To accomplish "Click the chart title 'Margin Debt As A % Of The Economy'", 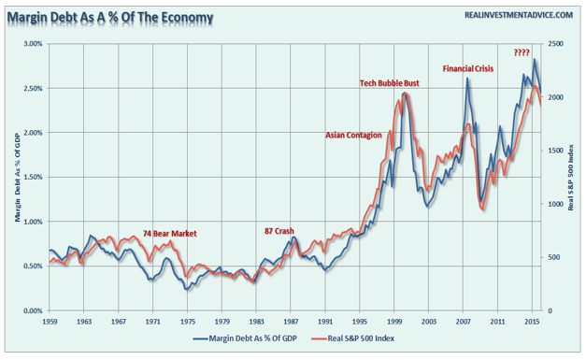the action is tap(110, 18).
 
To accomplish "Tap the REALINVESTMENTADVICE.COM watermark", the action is tap(519, 15).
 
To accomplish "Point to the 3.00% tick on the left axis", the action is tap(34, 44).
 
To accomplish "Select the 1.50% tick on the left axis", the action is tap(34, 178).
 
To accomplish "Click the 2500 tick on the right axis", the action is tap(555, 44).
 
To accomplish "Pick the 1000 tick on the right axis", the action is tap(555, 204).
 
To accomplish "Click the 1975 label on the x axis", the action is tap(188, 322).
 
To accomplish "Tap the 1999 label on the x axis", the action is tap(394, 322).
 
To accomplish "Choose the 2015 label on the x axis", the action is tap(532, 322).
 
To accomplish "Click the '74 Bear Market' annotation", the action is tap(170, 234).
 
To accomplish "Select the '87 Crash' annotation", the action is tap(279, 231).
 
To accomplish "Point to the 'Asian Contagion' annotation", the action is tap(353, 136).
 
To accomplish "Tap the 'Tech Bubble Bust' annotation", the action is tap(390, 83).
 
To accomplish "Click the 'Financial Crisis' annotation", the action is tap(468, 69).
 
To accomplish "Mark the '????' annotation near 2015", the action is tap(522, 52).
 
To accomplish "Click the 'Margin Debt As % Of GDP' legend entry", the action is tap(245, 338).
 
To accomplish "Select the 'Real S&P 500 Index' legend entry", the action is tap(352, 338).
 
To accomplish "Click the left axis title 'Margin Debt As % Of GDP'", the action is tap(18, 178).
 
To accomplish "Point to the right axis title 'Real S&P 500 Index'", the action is tap(571, 178).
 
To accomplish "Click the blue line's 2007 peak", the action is tap(467, 78).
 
